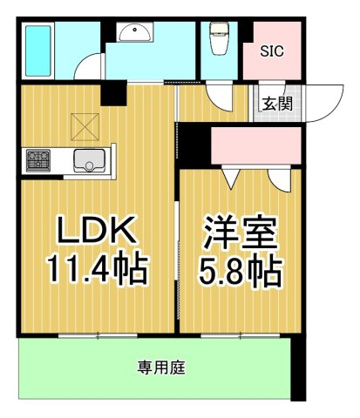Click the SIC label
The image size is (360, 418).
pyautogui.click(x=272, y=51)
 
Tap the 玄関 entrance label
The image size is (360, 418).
pyautogui.click(x=277, y=104)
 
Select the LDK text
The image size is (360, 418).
pyautogui.click(x=97, y=229)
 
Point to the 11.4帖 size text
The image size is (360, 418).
pyautogui.click(x=97, y=269)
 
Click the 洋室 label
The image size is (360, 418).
pyautogui.click(x=241, y=233)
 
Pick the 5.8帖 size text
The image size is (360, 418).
pyautogui.click(x=241, y=271)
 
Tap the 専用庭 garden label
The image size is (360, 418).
pyautogui.click(x=161, y=367)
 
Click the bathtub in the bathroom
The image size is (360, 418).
pyautogui.click(x=39, y=51)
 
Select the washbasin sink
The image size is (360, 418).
pyautogui.click(x=135, y=33)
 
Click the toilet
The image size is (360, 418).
pyautogui.click(x=219, y=39)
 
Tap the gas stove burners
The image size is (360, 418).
pyautogui.click(x=38, y=161)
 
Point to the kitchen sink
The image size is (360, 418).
pyautogui.click(x=89, y=161)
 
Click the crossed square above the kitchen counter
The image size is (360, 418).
pyautogui.click(x=85, y=127)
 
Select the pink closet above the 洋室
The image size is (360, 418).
pyautogui.click(x=256, y=145)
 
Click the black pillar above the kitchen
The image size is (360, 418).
pyautogui.click(x=114, y=95)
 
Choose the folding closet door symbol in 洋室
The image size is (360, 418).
pyautogui.click(x=231, y=178)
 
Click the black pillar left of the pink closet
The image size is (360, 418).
pyautogui.click(x=193, y=144)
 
